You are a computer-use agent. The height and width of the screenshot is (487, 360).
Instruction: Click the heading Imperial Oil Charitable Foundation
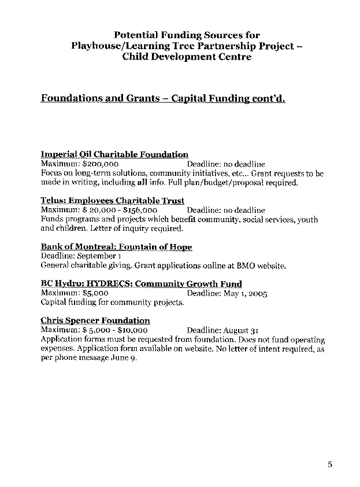tap(114, 154)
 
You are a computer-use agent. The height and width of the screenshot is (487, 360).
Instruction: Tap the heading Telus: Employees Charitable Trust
tap(113, 201)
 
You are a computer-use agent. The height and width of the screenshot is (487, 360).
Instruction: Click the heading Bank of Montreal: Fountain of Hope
tap(116, 247)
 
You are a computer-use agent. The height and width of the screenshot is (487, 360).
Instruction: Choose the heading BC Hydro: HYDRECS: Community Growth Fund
tap(141, 283)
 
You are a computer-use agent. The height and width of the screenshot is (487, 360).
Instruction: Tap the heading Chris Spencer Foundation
tap(95, 320)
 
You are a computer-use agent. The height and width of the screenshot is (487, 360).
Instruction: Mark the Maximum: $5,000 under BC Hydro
tap(75, 293)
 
